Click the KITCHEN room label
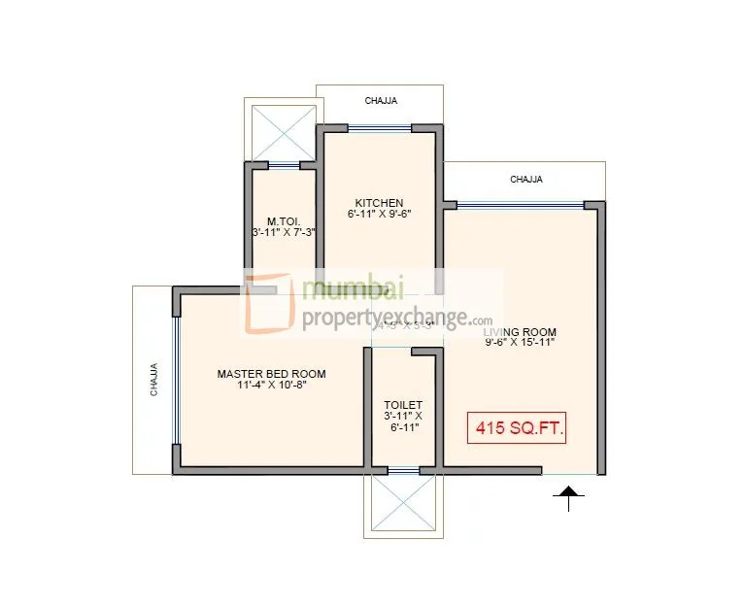point(379,203)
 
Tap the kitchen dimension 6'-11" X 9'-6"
point(379,214)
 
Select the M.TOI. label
point(281,220)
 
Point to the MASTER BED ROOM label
point(271,374)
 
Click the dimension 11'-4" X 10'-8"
point(271,385)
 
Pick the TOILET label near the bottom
point(403,404)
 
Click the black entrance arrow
point(569,497)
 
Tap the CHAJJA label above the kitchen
point(381,100)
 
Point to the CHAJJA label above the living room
point(525,180)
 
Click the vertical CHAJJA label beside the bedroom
point(154,380)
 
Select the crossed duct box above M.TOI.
point(279,132)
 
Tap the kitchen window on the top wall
point(380,127)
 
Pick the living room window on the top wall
point(520,204)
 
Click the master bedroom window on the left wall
point(176,380)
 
